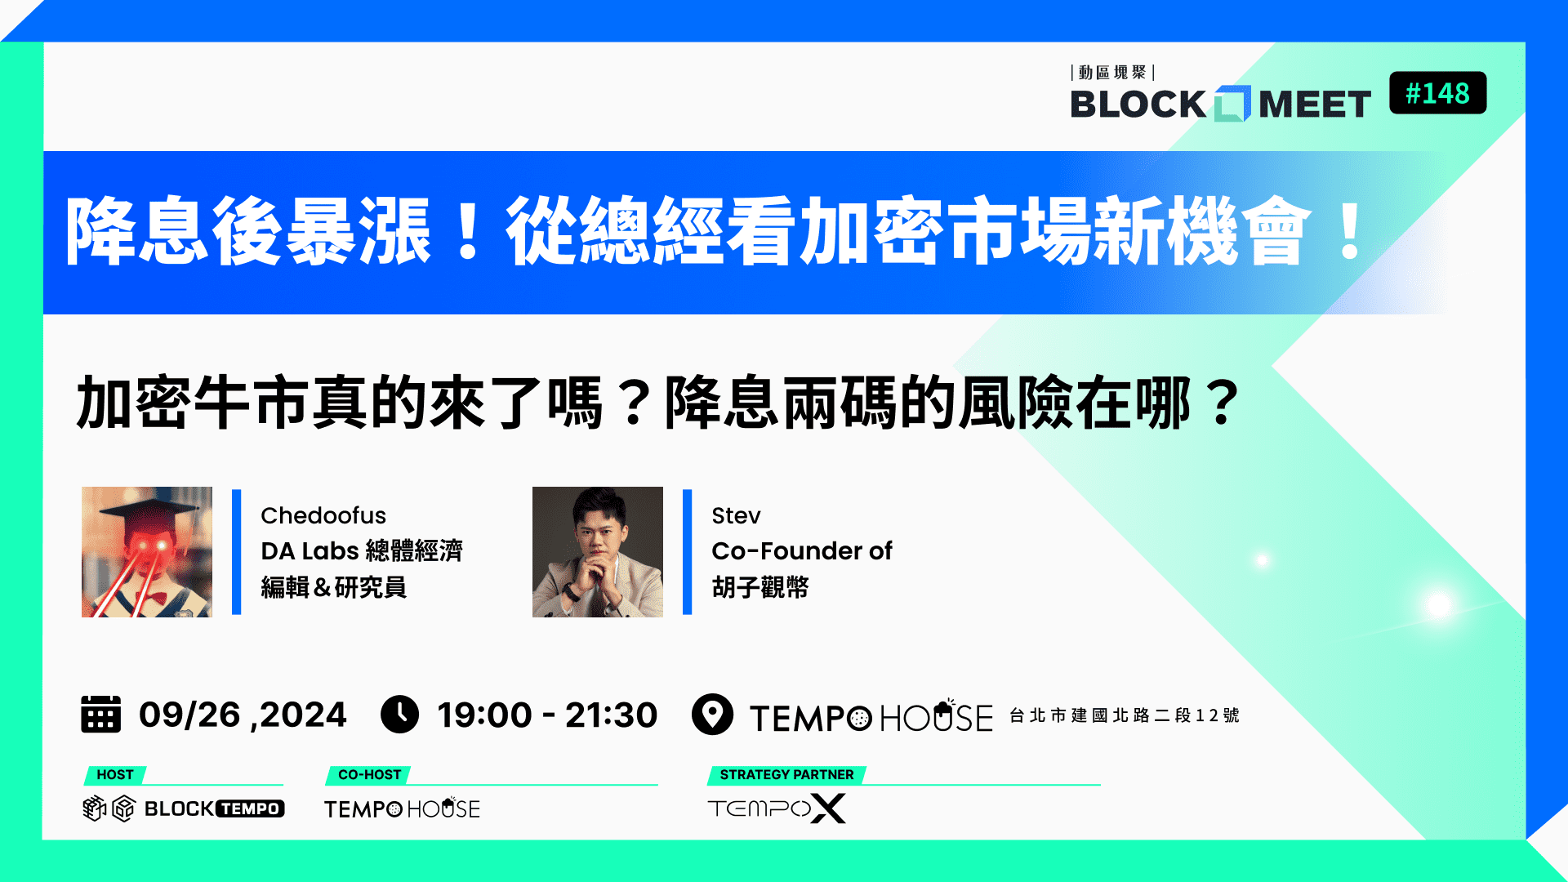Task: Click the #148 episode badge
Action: point(1437,93)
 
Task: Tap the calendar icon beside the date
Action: point(100,714)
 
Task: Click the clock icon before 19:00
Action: point(400,715)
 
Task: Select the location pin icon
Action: point(712,715)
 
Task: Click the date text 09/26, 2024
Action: point(243,715)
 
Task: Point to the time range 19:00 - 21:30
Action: point(547,715)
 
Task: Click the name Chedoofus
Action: point(323,515)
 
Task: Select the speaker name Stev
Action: point(736,515)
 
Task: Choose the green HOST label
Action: point(115,774)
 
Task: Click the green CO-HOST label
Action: point(369,774)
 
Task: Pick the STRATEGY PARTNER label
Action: point(786,774)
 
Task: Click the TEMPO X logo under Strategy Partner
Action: point(777,808)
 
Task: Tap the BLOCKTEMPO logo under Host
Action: point(184,808)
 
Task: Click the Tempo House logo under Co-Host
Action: point(402,808)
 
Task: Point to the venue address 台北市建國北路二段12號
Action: point(1125,715)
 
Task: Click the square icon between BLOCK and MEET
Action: point(1232,104)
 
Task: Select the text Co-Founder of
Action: point(802,551)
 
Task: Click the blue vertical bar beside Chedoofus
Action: point(237,552)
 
